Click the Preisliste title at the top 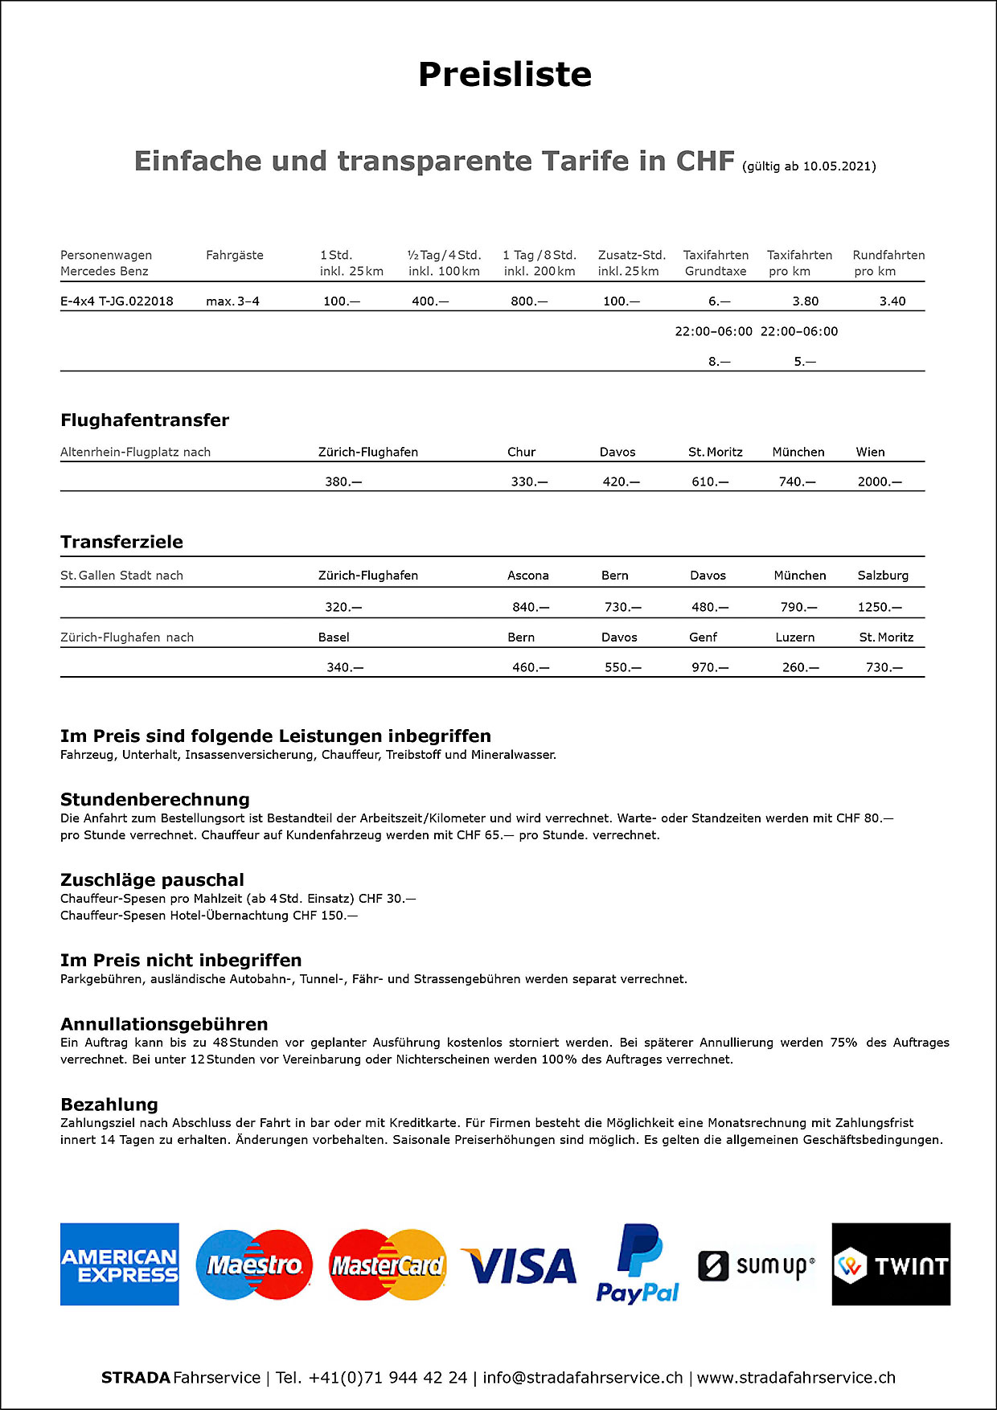[x=505, y=75]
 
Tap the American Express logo [x=120, y=1264]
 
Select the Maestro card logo [x=254, y=1264]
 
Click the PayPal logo [x=638, y=1264]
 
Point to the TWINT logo [x=891, y=1264]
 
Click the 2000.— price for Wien [x=880, y=482]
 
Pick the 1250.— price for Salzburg [x=880, y=607]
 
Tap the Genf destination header [x=703, y=637]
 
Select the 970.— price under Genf [x=710, y=667]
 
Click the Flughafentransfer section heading [x=145, y=420]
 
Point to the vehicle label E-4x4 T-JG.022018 [x=117, y=301]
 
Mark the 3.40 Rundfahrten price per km [x=892, y=301]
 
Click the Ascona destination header [x=528, y=576]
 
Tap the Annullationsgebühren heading [x=164, y=1024]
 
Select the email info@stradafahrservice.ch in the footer [x=583, y=1378]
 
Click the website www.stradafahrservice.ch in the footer [x=796, y=1378]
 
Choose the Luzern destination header [x=795, y=637]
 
